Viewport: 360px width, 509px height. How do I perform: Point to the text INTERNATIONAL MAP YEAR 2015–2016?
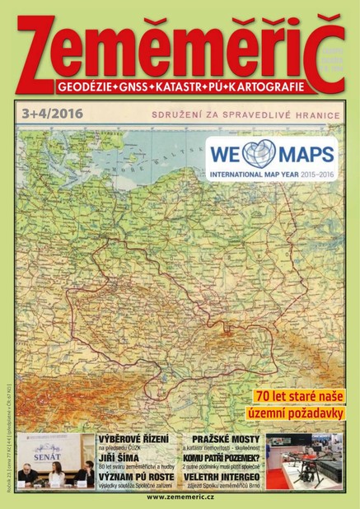(270, 175)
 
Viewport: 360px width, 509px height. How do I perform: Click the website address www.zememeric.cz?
(180, 499)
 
